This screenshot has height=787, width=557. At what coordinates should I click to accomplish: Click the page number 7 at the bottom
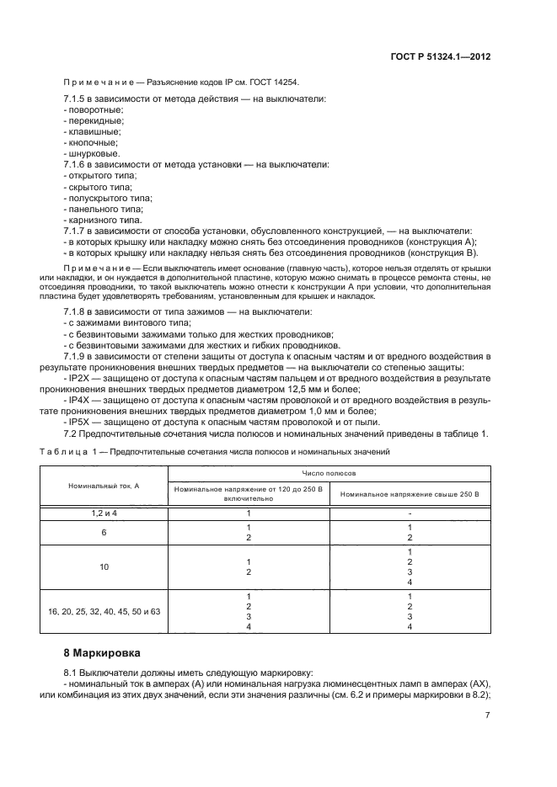(x=488, y=716)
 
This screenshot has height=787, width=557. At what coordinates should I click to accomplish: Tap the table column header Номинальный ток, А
(x=104, y=487)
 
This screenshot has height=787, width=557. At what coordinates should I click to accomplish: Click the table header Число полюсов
(x=329, y=475)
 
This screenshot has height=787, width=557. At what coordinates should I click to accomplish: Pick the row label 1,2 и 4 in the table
(x=104, y=512)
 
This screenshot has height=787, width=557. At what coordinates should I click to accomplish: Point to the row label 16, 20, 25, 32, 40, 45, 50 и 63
(x=104, y=611)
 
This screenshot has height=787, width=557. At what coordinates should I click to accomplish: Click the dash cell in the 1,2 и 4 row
(x=409, y=512)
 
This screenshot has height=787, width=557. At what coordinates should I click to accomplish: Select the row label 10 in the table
(x=104, y=566)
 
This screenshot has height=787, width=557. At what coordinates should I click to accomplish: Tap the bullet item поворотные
(x=94, y=111)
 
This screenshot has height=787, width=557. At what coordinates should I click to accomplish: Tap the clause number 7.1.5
(x=78, y=100)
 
